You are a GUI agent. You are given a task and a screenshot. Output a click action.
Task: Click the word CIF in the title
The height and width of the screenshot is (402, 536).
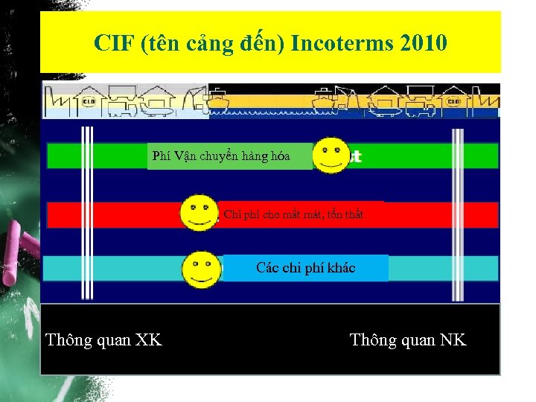click(x=112, y=43)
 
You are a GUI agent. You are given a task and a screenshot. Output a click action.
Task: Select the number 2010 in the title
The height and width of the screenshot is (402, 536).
click(x=423, y=43)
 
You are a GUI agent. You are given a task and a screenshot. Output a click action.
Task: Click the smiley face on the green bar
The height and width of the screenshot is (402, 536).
click(x=331, y=156)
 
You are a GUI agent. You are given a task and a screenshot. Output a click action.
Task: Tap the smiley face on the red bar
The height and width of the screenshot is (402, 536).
click(x=200, y=214)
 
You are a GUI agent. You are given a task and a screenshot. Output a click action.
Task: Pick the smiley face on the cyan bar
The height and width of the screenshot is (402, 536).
click(x=202, y=269)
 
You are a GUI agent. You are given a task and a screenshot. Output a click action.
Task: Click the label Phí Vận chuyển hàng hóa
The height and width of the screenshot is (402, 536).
click(x=221, y=156)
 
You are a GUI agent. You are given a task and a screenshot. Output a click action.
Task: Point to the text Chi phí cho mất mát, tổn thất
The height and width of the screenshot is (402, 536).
click(x=293, y=214)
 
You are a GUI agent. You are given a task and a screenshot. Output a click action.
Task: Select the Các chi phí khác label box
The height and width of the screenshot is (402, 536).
click(x=306, y=268)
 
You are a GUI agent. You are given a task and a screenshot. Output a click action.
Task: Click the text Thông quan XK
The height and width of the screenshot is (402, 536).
click(x=103, y=340)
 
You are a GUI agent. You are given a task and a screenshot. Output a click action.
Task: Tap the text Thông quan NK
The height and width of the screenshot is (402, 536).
click(x=408, y=340)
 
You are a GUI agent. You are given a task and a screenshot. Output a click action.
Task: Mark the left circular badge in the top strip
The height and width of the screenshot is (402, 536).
click(x=89, y=101)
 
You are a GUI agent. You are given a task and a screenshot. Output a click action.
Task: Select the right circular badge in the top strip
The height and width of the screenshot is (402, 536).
click(x=453, y=101)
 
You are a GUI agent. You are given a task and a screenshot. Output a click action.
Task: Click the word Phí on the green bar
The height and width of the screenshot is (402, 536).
click(x=162, y=156)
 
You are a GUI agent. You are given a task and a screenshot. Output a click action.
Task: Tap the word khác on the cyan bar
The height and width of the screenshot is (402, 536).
click(x=341, y=268)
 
